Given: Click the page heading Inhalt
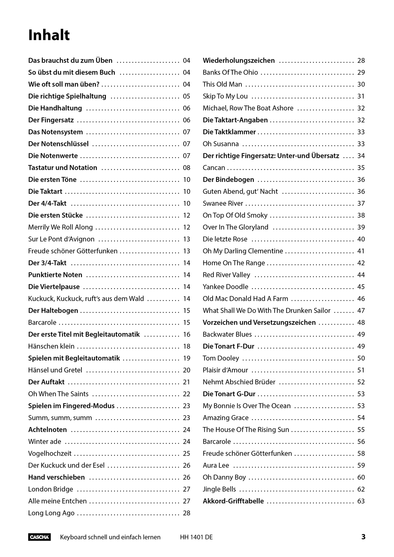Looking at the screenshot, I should click(49, 35).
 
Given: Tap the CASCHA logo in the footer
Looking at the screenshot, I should click(39, 537).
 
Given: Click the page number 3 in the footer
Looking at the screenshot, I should click(363, 537).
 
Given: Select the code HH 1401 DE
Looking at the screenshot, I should click(196, 537).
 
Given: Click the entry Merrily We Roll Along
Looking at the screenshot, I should click(61, 227).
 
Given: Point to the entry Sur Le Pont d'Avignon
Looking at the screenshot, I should click(61, 239).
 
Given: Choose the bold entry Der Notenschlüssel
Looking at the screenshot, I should click(58, 144).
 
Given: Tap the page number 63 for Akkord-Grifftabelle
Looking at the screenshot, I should click(361, 501).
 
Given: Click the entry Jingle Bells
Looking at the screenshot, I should click(219, 489).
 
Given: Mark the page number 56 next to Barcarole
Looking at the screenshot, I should click(361, 442).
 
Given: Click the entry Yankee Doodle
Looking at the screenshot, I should click(226, 287).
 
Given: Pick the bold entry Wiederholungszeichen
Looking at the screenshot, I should click(239, 61).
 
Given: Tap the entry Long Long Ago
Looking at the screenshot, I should click(51, 513).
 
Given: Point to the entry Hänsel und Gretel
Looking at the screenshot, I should click(55, 370).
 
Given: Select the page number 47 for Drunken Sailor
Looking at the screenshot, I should click(361, 310).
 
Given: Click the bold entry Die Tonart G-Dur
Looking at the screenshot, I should click(229, 394).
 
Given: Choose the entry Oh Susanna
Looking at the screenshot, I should click(221, 144).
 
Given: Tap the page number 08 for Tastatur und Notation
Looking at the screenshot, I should click(187, 167).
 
